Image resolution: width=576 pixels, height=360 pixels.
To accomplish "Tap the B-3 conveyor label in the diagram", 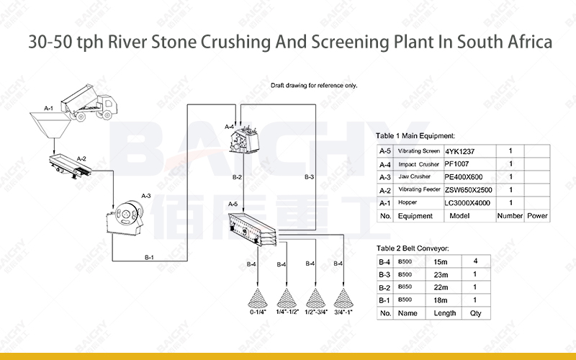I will [309, 176].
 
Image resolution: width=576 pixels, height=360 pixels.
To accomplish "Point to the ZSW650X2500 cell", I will [469, 189].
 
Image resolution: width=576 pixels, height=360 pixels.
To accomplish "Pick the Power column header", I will [536, 215].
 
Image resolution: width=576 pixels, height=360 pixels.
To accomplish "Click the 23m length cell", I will [440, 274].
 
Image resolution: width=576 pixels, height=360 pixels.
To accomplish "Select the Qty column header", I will [476, 313].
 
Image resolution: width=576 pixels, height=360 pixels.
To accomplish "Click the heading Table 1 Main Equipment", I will [415, 135].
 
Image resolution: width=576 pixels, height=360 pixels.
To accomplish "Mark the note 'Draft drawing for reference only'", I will [314, 85].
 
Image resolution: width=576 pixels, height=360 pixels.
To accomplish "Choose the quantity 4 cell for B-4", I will [475, 261].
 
